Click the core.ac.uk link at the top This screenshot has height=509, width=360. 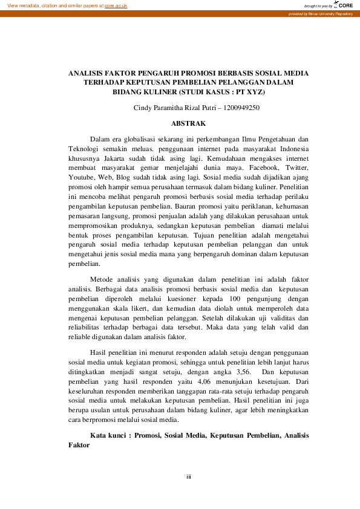116,5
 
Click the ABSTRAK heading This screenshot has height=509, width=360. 189,123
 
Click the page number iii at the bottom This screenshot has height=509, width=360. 189,478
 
